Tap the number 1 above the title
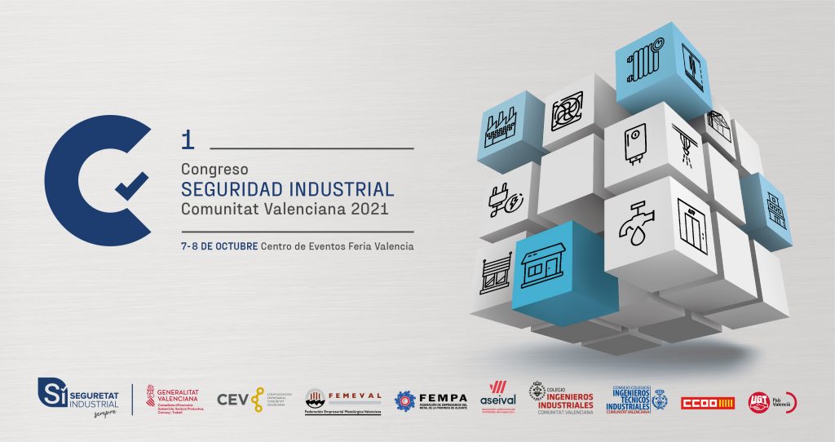point(188,140)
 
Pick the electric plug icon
point(506,199)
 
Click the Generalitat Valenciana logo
point(174,400)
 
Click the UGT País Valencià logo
point(771,401)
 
